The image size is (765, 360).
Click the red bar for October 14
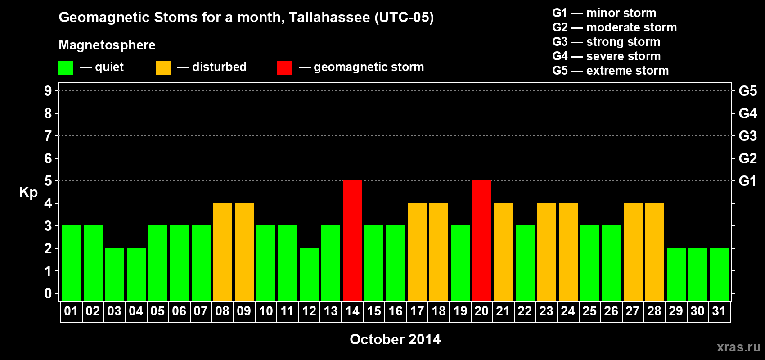point(352,240)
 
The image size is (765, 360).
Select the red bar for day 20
point(482,240)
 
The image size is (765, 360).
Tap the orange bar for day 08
point(223,252)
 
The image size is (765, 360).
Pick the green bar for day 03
point(115,274)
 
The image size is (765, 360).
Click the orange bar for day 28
point(655,252)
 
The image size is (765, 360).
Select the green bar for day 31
point(720,274)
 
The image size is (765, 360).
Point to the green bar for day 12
point(309,274)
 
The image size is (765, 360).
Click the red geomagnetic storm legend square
point(284,67)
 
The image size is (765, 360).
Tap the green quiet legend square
point(66,67)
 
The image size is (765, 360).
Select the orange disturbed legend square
point(163,67)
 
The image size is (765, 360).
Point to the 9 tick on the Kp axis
point(48,91)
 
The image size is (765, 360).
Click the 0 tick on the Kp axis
point(48,293)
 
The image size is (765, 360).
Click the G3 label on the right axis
point(747,136)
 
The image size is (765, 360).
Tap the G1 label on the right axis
point(747,181)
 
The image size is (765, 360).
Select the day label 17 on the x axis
point(417,311)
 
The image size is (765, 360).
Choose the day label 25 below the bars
point(590,311)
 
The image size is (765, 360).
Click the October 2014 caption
point(395,339)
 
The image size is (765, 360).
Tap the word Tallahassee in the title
point(329,17)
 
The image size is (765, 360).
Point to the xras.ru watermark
point(738,347)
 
